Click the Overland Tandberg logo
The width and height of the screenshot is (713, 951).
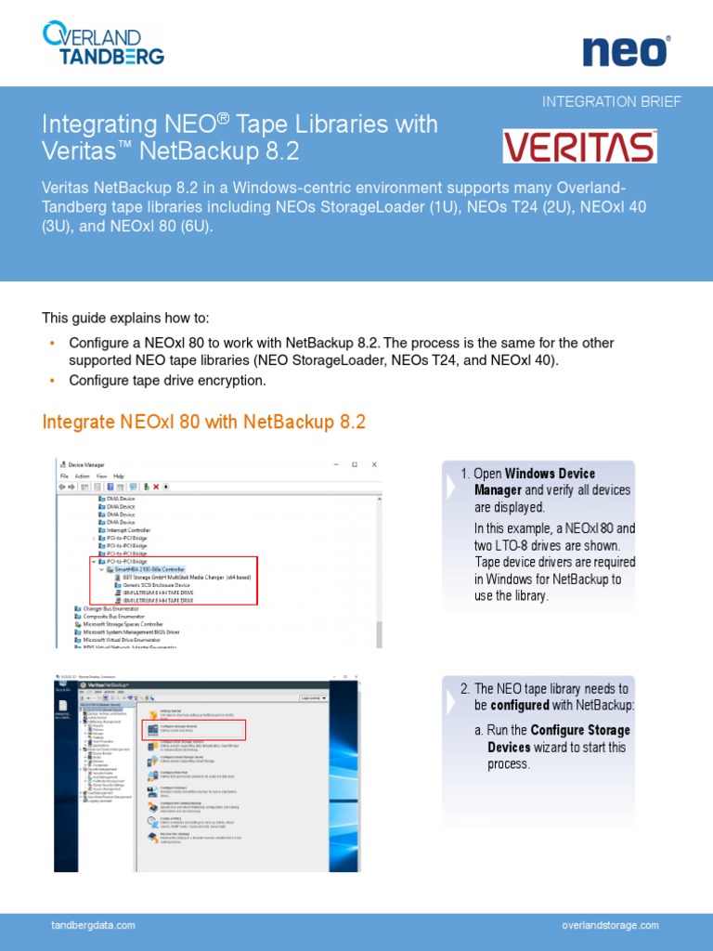tap(103, 44)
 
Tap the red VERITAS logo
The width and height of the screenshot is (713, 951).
tap(579, 147)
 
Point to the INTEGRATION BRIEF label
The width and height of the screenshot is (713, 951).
tap(611, 101)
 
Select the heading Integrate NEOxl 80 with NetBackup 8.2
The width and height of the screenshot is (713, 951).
tap(204, 423)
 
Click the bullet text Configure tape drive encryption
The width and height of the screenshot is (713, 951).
tap(167, 381)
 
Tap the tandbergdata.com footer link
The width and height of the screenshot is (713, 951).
tap(93, 925)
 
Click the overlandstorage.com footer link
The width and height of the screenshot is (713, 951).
tap(610, 925)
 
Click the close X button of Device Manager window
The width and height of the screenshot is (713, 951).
tap(374, 463)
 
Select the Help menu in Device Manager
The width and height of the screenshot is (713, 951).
tap(118, 475)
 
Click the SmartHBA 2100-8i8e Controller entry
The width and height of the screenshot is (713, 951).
tap(149, 568)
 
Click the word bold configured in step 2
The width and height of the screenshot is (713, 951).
tap(513, 706)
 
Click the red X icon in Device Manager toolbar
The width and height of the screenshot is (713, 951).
tap(155, 486)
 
